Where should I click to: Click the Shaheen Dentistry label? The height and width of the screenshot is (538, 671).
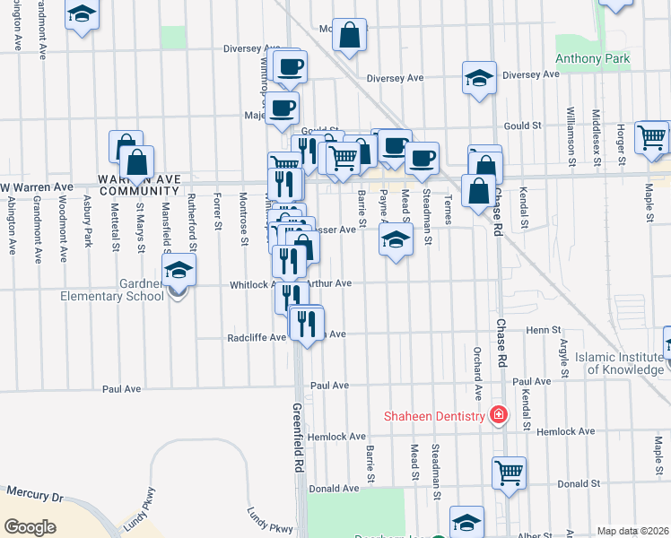[x=433, y=415]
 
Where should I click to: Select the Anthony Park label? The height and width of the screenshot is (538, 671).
[x=592, y=59]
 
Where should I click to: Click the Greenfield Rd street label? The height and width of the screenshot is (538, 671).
[x=299, y=438]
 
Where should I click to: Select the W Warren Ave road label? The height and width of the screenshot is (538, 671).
[x=37, y=187]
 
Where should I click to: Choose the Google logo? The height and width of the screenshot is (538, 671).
[x=30, y=527]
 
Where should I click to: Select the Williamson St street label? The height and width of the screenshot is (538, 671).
[x=571, y=138]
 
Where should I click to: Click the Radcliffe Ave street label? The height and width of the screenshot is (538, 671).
[x=257, y=338]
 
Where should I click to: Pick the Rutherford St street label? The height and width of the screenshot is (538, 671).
[x=191, y=211]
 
